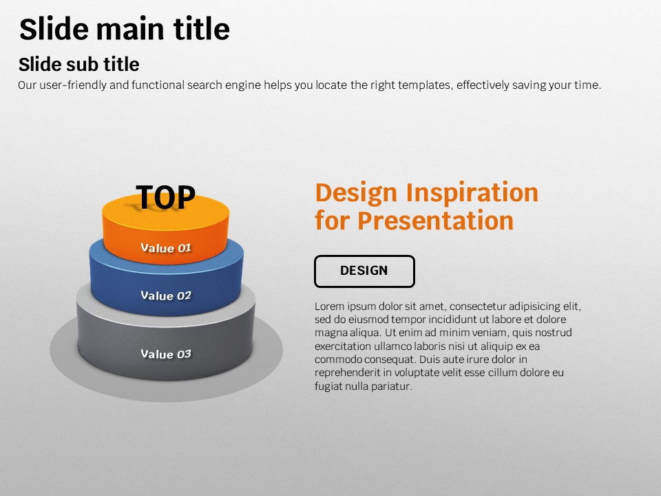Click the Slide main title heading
click(x=125, y=29)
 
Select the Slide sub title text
click(x=78, y=65)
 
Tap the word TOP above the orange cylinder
click(x=166, y=197)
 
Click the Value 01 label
click(x=166, y=247)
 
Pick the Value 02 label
click(x=166, y=296)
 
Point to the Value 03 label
click(x=166, y=354)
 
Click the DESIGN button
click(x=364, y=271)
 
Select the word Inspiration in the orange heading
click(x=472, y=194)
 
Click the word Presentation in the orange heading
click(x=435, y=220)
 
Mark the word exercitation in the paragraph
click(x=342, y=347)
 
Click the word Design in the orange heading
click(x=356, y=194)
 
